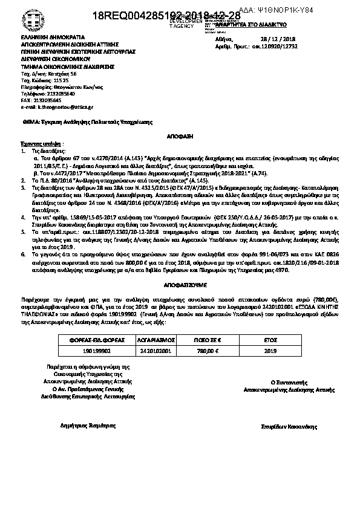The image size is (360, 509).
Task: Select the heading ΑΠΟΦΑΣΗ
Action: (179, 138)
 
